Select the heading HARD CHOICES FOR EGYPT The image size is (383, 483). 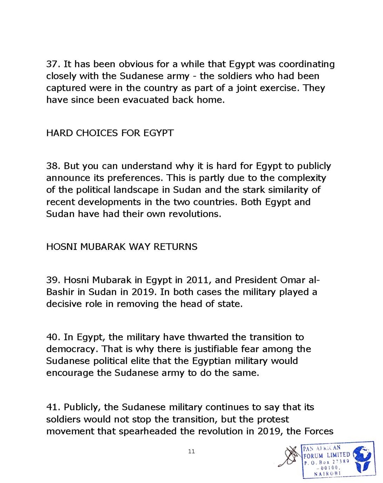pyautogui.click(x=110, y=133)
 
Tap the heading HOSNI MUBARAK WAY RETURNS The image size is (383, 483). pyautogui.click(x=122, y=247)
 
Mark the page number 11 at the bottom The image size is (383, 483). pyautogui.click(x=191, y=452)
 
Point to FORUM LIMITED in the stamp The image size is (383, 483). pyautogui.click(x=327, y=455)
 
